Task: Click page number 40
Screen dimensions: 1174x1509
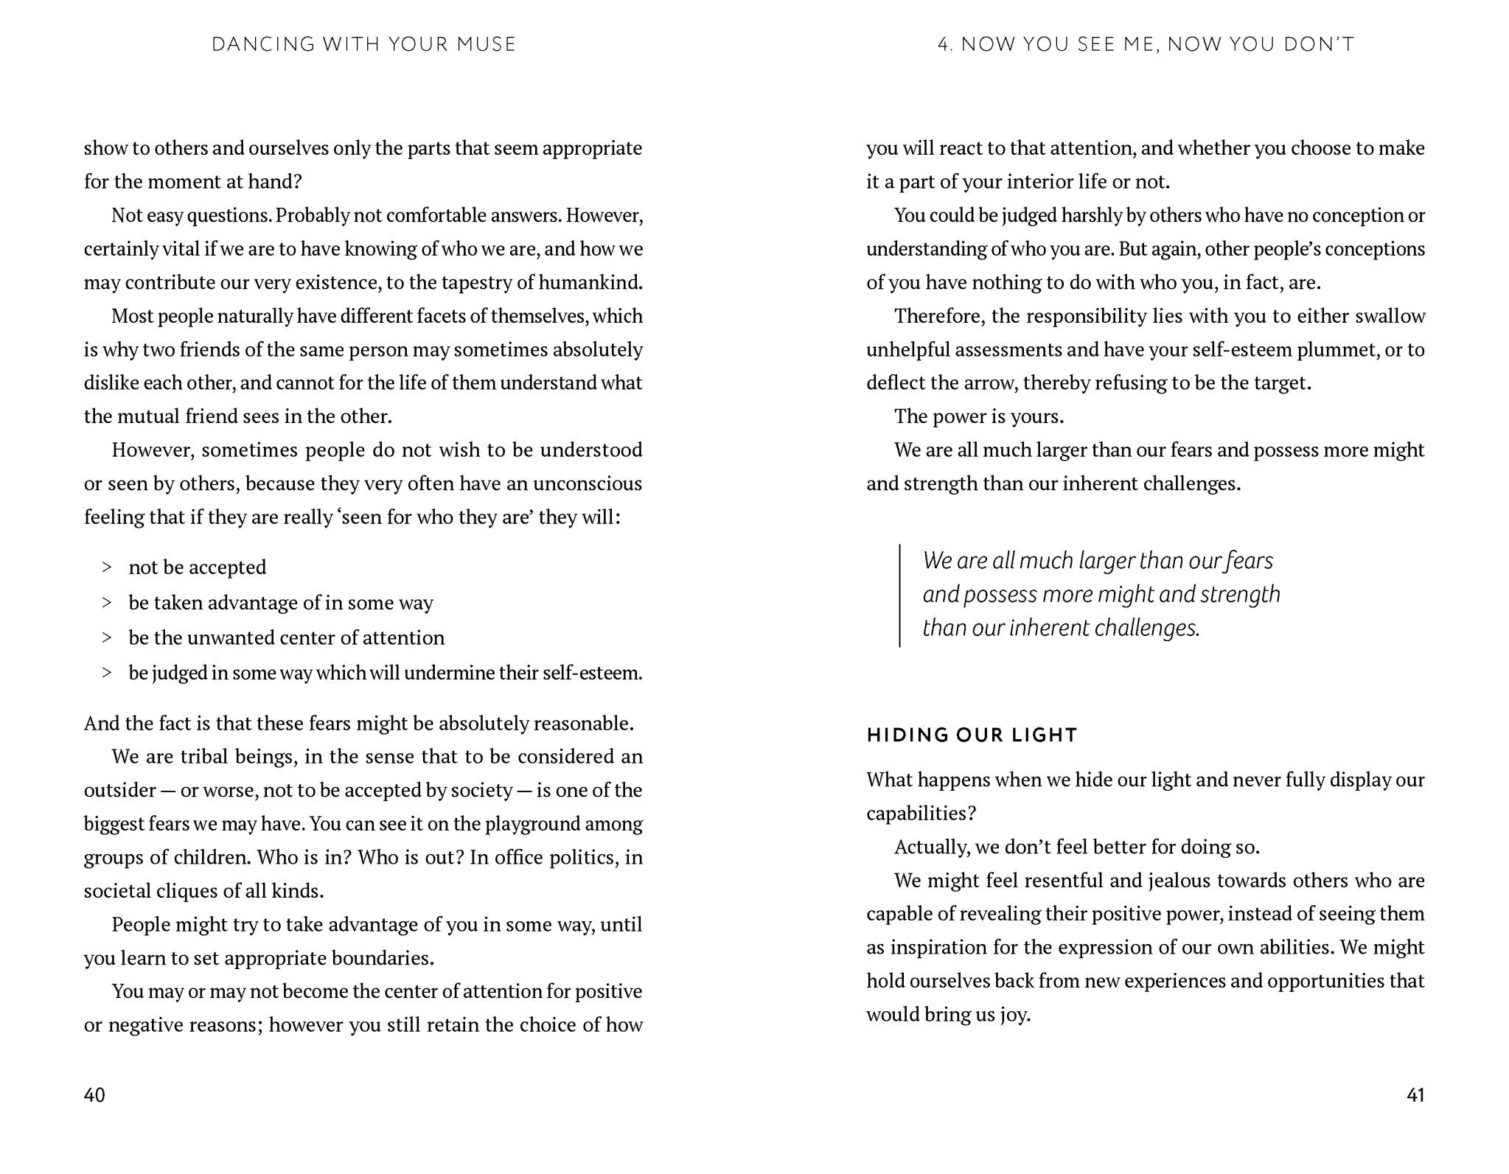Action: pyautogui.click(x=94, y=1094)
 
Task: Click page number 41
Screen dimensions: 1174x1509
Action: pyautogui.click(x=1415, y=1094)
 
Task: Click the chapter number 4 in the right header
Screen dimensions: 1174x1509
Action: pyautogui.click(x=944, y=44)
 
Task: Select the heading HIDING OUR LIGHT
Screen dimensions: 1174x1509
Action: pyautogui.click(x=972, y=735)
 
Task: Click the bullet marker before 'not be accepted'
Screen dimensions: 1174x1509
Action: pyautogui.click(x=107, y=567)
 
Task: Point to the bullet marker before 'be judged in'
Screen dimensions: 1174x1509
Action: pyautogui.click(x=107, y=672)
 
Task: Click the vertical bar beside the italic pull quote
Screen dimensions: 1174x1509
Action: pyautogui.click(x=899, y=595)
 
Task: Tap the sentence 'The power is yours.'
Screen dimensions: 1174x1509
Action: pyautogui.click(x=978, y=416)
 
